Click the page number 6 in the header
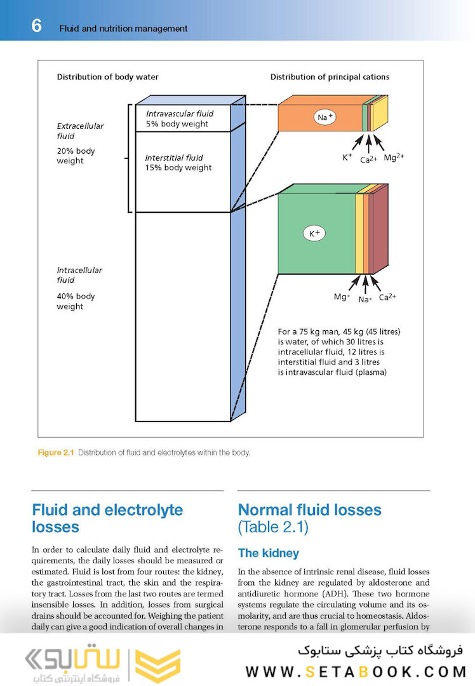coord(36,26)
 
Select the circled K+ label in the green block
coord(315,234)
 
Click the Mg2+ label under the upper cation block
coord(394,157)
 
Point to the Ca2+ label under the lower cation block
coord(387,297)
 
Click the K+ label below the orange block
coord(347,157)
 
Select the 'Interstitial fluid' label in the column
coord(174,158)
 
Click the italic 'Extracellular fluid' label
coord(80,131)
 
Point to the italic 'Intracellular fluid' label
coord(79,275)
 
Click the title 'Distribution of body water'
coord(108,77)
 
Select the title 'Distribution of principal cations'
coord(330,77)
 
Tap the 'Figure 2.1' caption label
coord(56,453)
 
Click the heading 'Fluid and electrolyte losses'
coord(107,518)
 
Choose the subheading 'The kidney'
coord(268,553)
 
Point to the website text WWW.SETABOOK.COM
coord(356,671)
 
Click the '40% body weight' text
coord(76,301)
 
